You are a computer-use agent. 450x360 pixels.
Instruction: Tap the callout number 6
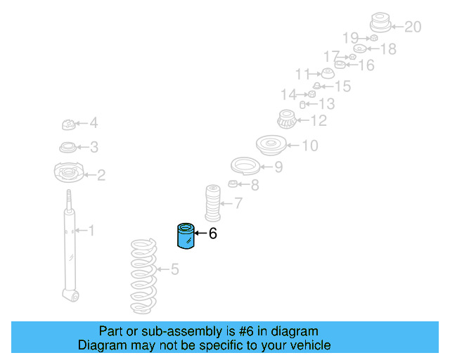[212, 233]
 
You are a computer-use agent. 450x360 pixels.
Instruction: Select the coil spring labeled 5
[145, 276]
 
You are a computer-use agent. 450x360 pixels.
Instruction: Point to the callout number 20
[413, 27]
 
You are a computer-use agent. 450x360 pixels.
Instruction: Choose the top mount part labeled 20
[380, 23]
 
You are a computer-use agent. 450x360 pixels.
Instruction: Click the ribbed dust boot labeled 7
[213, 202]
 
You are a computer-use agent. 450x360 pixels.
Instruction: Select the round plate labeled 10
[271, 146]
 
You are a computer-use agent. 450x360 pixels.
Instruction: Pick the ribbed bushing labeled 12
[285, 121]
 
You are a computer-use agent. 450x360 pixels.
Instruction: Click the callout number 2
[101, 174]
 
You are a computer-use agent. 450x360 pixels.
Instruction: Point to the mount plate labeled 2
[68, 172]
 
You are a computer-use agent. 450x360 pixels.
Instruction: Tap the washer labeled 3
[68, 148]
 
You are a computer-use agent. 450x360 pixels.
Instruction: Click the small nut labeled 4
[68, 125]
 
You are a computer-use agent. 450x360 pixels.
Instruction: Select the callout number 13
[326, 104]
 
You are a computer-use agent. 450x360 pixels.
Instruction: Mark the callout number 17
[331, 56]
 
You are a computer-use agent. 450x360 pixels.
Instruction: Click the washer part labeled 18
[359, 49]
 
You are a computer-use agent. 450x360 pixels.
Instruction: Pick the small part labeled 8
[234, 185]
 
